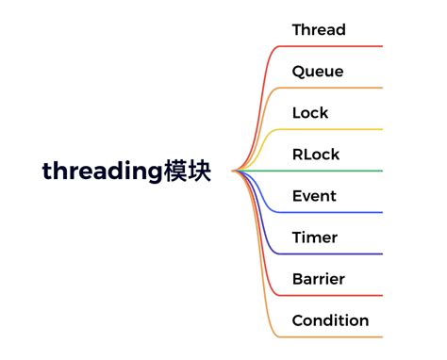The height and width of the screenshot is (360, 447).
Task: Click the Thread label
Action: click(x=319, y=30)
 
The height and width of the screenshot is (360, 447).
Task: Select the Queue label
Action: click(x=318, y=72)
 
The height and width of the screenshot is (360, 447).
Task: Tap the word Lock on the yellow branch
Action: click(x=310, y=113)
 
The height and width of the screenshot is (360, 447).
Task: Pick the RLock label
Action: click(x=316, y=155)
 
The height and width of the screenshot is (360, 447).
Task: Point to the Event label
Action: click(x=314, y=196)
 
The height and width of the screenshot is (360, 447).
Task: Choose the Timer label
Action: click(x=314, y=237)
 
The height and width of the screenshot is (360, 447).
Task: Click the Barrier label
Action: click(x=318, y=279)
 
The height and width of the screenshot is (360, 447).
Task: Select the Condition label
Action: click(x=330, y=320)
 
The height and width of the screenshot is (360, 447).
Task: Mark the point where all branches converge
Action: click(x=233, y=171)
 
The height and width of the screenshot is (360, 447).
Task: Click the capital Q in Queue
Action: click(x=298, y=72)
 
